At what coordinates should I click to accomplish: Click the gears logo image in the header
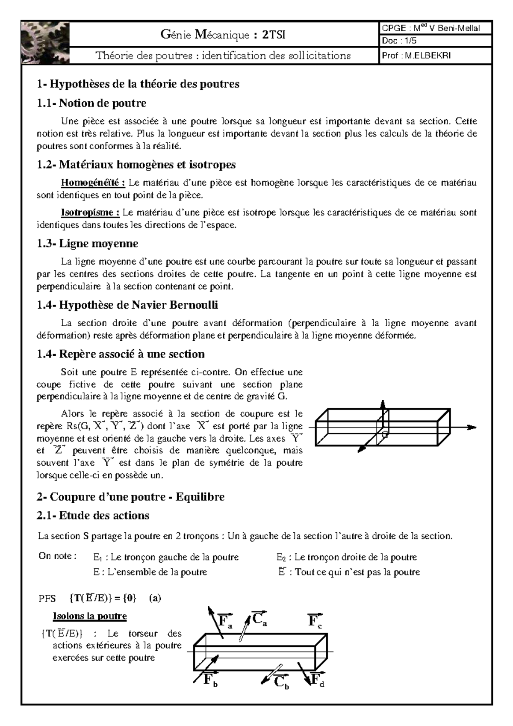coord(45,42)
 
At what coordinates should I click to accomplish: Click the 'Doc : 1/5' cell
coord(436,41)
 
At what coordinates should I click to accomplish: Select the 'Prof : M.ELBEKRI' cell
coord(436,56)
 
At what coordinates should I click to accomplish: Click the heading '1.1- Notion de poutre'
coord(91,103)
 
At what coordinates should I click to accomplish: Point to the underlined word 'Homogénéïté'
coord(93,183)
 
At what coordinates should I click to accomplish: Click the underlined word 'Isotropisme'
coord(90,212)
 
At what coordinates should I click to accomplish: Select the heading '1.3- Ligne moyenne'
coord(88,244)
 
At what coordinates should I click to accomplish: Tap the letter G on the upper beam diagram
coord(384,435)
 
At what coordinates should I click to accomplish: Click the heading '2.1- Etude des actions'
coord(93,516)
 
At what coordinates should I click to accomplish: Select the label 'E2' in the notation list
coord(281,558)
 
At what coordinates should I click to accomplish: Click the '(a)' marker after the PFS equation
coord(155,598)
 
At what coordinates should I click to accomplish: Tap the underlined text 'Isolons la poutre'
coord(90,616)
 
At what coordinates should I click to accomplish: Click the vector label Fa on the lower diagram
coord(225,621)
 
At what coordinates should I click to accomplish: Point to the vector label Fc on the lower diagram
coord(315,620)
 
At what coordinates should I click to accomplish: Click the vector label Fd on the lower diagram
coord(317,680)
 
